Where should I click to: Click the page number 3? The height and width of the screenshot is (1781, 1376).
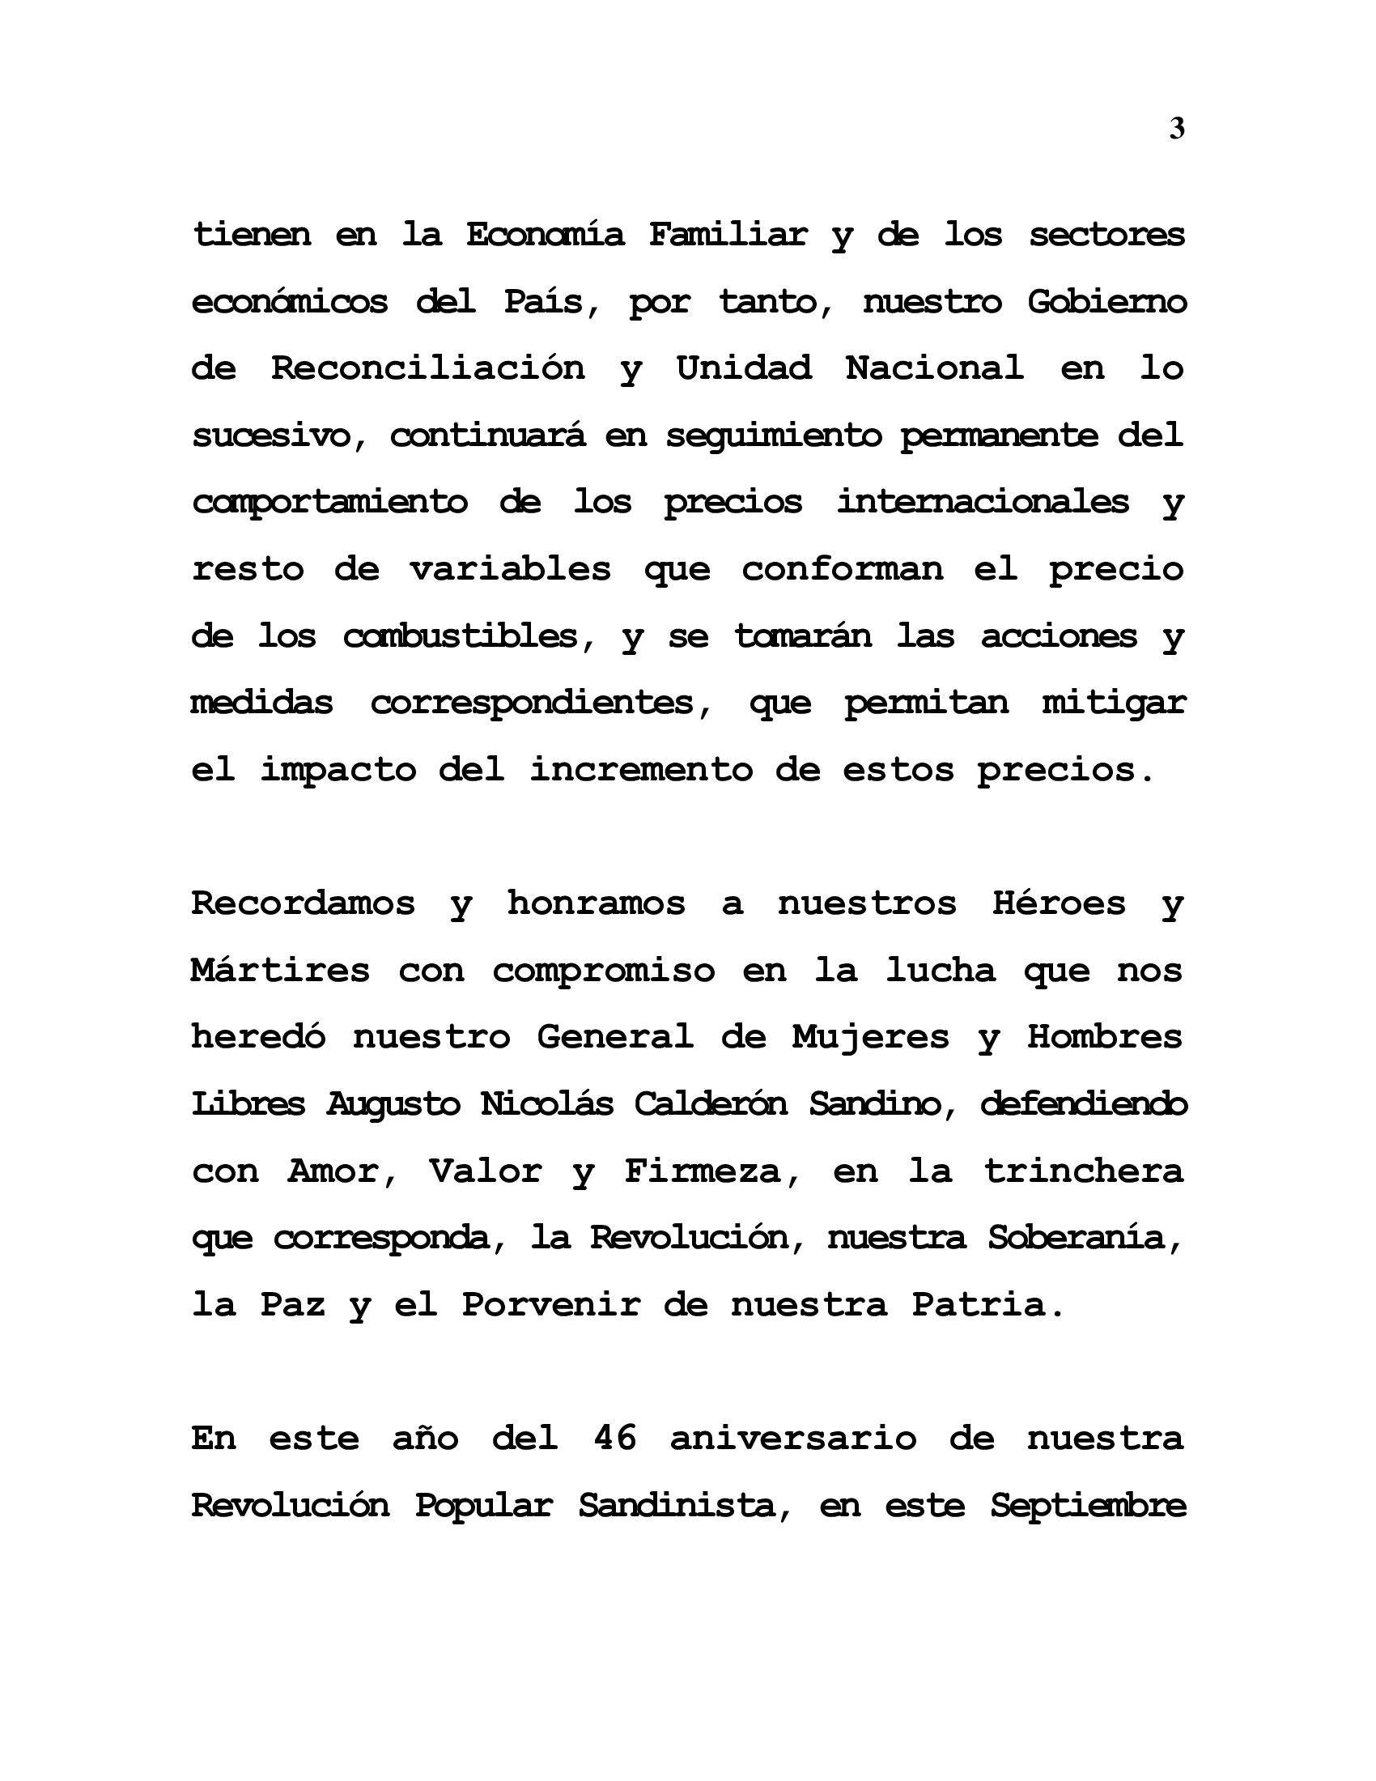tap(1176, 129)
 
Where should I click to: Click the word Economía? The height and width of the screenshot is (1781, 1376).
tap(545, 235)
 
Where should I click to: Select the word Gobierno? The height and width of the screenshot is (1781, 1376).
tap(1106, 302)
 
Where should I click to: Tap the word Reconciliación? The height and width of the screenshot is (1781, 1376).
tap(428, 368)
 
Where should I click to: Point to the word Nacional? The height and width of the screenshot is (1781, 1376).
tap(934, 368)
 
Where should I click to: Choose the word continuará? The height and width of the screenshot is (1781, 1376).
tap(487, 436)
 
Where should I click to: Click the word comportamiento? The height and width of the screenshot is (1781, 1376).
tap(329, 503)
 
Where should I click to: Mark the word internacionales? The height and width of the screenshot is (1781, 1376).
tap(983, 503)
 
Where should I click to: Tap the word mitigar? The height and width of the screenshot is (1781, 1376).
tap(1114, 703)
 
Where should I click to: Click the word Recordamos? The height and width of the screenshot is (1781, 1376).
tap(304, 903)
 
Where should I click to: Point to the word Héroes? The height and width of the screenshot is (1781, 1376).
tap(1059, 903)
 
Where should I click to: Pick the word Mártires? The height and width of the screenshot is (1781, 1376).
tap(280, 971)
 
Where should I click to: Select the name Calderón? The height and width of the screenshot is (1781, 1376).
tap(710, 1104)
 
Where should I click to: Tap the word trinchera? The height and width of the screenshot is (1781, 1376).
tap(1083, 1172)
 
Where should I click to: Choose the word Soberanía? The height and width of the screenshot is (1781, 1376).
tap(1084, 1239)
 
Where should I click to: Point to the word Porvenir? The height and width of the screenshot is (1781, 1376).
tap(551, 1306)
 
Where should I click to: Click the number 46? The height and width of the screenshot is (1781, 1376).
tap(615, 1438)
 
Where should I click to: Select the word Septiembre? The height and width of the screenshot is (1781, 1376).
tap(1088, 1506)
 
